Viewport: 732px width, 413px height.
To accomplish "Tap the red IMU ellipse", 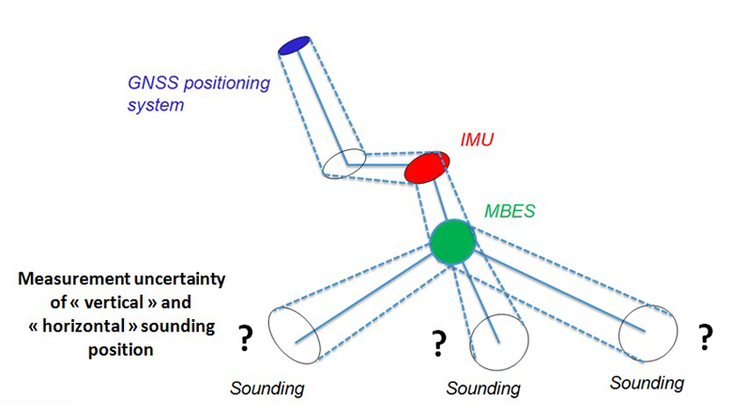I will click(427, 168).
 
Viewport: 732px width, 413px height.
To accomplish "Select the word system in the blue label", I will click(155, 105).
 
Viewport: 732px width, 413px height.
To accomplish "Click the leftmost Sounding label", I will click(268, 388).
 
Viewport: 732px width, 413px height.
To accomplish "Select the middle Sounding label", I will click(484, 388).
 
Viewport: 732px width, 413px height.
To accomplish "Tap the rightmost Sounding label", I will click(648, 383).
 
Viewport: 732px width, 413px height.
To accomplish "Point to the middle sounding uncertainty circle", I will click(495, 336).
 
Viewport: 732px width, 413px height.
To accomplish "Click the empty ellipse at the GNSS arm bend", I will click(341, 163).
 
